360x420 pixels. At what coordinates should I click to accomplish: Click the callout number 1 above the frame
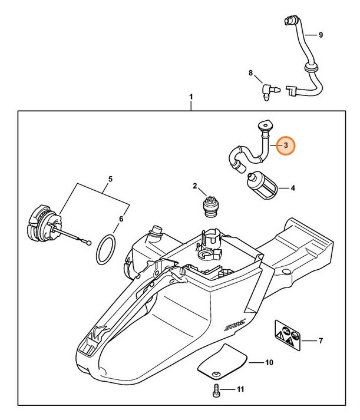click(191, 95)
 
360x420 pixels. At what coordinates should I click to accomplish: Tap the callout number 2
click(195, 186)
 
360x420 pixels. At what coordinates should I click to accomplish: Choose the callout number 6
click(121, 219)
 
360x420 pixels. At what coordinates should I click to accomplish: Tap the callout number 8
click(250, 74)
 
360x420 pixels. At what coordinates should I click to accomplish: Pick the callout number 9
click(321, 35)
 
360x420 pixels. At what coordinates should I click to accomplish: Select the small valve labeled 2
click(212, 206)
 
